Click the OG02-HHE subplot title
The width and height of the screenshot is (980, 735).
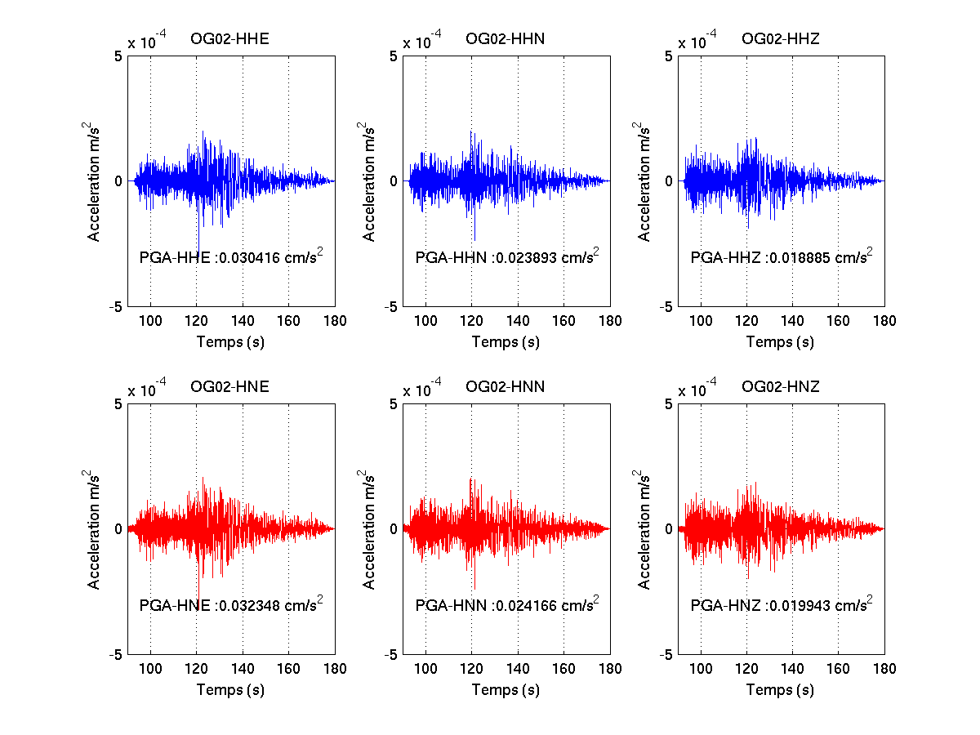[229, 39]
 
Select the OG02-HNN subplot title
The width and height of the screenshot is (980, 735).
[505, 386]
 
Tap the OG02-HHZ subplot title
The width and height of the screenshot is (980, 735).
[781, 39]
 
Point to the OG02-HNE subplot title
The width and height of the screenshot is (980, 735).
[229, 386]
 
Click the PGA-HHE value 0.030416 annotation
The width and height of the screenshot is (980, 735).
[231, 256]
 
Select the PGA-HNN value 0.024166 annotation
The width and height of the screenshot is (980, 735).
[507, 604]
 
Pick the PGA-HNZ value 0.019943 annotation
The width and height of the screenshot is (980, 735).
[782, 604]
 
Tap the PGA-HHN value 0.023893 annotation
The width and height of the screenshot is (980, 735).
[507, 256]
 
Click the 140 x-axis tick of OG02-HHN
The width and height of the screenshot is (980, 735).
[518, 321]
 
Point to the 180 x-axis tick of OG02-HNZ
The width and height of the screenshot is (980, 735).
[884, 669]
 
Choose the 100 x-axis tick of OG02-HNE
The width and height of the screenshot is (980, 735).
[150, 669]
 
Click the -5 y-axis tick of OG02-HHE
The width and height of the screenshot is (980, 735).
[116, 307]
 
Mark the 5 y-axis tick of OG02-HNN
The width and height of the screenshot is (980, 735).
[394, 404]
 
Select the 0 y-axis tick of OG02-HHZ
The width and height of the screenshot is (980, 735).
[668, 181]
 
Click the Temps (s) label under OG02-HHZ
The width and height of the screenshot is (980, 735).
[780, 342]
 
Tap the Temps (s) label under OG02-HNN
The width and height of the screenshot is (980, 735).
[506, 689]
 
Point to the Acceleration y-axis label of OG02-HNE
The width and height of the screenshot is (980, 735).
[92, 529]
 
